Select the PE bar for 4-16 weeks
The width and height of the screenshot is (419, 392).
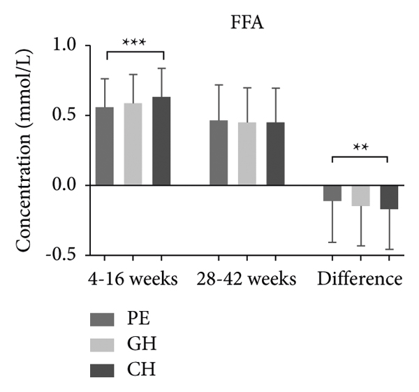(x=105, y=146)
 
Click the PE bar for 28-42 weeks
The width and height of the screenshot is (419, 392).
(x=219, y=152)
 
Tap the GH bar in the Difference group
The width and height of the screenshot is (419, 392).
(x=360, y=196)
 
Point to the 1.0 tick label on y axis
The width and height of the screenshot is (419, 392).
(x=66, y=46)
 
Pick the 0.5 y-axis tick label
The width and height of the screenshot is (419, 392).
(x=66, y=116)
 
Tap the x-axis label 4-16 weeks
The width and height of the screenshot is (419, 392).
(x=133, y=279)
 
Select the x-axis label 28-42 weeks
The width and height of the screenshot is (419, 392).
(x=247, y=279)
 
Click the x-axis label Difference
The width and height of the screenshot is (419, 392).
(x=360, y=279)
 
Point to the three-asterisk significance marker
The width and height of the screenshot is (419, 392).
(x=133, y=43)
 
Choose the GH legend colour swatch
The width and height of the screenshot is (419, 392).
(x=103, y=343)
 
